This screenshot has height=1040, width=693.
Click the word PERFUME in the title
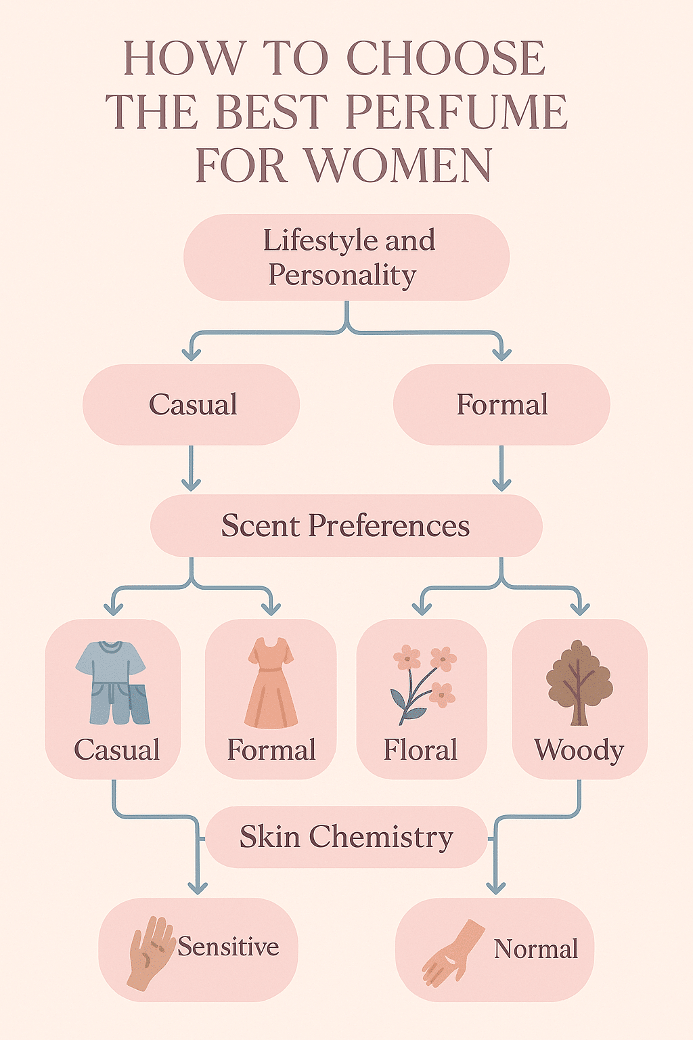[457, 112]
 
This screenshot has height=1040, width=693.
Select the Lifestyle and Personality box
[346, 257]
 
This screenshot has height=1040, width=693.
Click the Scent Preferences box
[346, 525]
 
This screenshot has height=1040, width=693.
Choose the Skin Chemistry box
[346, 837]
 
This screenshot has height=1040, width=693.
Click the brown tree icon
[579, 681]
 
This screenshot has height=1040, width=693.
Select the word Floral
[420, 750]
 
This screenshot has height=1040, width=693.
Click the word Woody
[579, 750]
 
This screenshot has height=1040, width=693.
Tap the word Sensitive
[228, 947]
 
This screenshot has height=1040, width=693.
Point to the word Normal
[535, 949]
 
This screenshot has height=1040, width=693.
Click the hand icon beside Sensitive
[150, 952]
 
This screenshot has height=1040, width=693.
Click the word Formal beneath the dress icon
[271, 750]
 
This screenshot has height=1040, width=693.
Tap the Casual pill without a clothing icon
[192, 405]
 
